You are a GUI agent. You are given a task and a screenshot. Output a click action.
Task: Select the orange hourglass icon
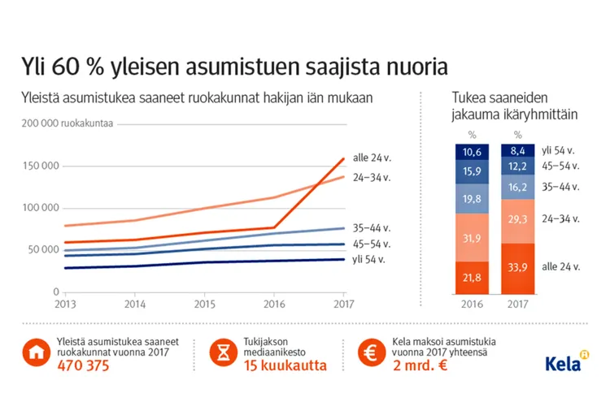(x=222, y=355)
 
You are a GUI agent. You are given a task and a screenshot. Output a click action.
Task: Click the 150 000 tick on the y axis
(x=39, y=166)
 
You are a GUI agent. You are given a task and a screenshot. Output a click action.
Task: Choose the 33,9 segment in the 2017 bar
(x=518, y=267)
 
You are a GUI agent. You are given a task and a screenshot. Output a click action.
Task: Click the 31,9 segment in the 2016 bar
(x=469, y=237)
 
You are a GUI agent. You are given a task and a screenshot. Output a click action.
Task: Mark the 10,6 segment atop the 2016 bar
(x=469, y=151)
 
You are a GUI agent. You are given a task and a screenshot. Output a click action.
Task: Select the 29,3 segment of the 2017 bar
(x=518, y=219)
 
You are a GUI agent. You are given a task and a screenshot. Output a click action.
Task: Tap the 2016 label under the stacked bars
(x=469, y=304)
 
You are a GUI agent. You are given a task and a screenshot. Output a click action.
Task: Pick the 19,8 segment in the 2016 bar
(x=469, y=198)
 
